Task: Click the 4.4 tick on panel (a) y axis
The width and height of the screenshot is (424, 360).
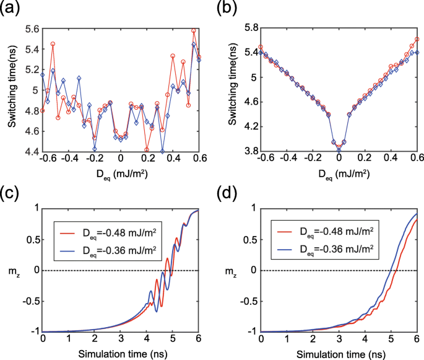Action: [30, 151]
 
